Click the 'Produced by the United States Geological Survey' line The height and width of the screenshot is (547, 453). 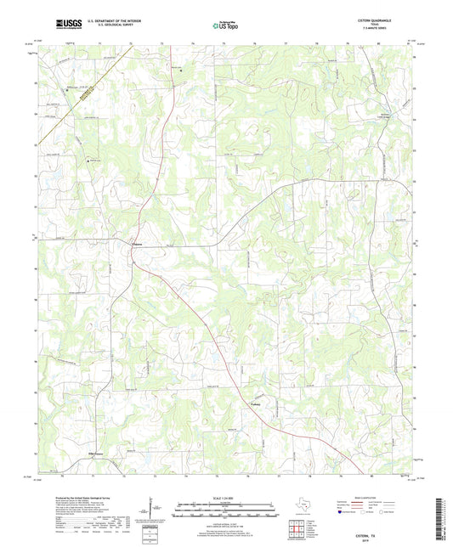(x=72, y=499)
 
